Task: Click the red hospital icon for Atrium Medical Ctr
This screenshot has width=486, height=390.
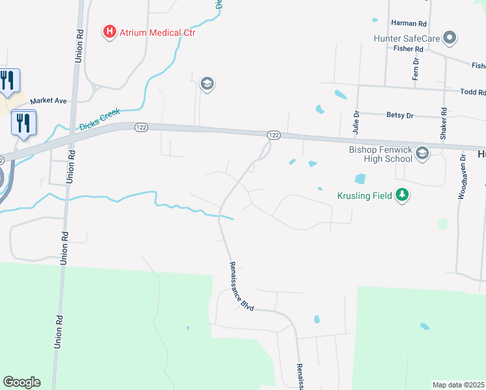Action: pos(110,31)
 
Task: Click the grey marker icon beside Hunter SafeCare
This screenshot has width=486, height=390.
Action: pos(449,38)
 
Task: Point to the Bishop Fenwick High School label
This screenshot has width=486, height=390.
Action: pos(379,153)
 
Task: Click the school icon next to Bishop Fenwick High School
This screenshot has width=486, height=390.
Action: pos(422,154)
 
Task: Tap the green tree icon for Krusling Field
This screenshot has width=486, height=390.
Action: pos(402,195)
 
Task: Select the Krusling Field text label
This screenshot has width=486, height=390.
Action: pos(364,196)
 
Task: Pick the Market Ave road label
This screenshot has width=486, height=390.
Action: pos(48,101)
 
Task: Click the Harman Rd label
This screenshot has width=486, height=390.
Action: pos(408,23)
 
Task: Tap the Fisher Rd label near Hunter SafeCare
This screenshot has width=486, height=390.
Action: pos(409,49)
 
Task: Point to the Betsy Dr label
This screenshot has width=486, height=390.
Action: pos(400,115)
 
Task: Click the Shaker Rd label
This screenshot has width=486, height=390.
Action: pos(444,126)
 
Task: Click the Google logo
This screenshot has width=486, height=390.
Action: pos(21,382)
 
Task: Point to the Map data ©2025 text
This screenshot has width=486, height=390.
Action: pos(458,385)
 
